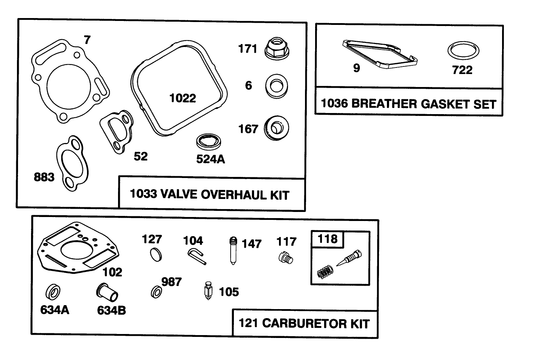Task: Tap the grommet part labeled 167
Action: (277, 128)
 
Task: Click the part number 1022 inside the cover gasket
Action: (183, 98)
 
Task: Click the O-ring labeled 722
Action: (463, 51)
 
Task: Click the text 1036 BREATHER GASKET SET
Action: (409, 104)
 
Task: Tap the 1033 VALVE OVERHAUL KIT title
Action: (209, 195)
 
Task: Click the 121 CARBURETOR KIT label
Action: (304, 323)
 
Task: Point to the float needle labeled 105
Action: (207, 291)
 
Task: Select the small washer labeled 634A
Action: (53, 292)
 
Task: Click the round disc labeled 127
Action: (156, 254)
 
